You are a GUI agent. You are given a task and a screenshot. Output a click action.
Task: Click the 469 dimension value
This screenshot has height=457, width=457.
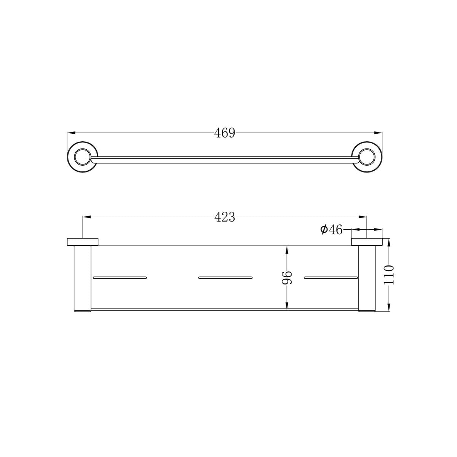224,133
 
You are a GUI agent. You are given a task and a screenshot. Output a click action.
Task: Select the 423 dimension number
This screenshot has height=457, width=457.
224,217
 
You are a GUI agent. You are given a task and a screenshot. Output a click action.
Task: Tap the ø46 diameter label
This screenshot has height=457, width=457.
331,230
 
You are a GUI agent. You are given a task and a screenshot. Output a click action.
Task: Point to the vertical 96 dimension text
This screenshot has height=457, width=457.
287,278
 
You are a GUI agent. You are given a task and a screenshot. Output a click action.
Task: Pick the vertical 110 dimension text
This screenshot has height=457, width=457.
389,275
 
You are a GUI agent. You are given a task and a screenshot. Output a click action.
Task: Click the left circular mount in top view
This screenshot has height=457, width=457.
83,157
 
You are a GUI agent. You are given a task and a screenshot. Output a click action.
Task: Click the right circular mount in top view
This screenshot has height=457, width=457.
367,157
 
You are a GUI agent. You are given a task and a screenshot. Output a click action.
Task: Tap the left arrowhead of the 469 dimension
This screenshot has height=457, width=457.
71,133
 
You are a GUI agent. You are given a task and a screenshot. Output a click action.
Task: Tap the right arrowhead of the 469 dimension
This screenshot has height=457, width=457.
378,133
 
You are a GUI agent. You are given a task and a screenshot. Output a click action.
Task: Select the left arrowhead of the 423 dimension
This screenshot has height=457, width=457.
86,217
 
